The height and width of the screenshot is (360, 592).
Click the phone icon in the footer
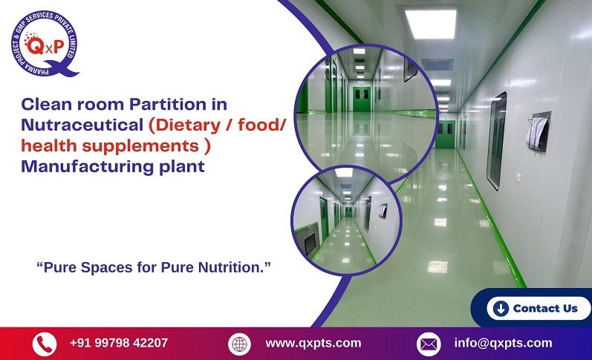44,344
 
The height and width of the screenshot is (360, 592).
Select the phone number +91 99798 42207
118,343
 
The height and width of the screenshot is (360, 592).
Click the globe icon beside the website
239,344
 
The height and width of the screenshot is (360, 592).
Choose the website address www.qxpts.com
313,343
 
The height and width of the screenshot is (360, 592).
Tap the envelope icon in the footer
429,344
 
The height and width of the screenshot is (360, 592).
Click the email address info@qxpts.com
503,343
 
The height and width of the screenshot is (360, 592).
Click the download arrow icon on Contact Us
501,308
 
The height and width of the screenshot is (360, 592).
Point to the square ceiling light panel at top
430,24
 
